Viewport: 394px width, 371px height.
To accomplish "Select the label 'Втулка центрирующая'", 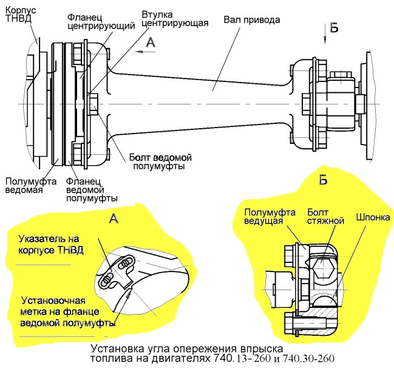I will pyautogui.click(x=175, y=18).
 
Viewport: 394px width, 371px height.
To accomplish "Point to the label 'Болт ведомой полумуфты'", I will pyautogui.click(x=157, y=160).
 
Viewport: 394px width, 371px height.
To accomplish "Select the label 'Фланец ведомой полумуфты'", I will pyautogui.click(x=92, y=189).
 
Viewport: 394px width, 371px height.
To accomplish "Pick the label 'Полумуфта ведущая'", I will pyautogui.click(x=270, y=216).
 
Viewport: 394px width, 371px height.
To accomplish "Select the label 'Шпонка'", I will pyautogui.click(x=373, y=216).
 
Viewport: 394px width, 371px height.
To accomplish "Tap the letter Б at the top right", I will pyautogui.click(x=335, y=27).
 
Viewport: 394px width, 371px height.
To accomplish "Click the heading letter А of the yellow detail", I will pyautogui.click(x=115, y=219).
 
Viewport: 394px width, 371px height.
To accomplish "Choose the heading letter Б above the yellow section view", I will pyautogui.click(x=323, y=179).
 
